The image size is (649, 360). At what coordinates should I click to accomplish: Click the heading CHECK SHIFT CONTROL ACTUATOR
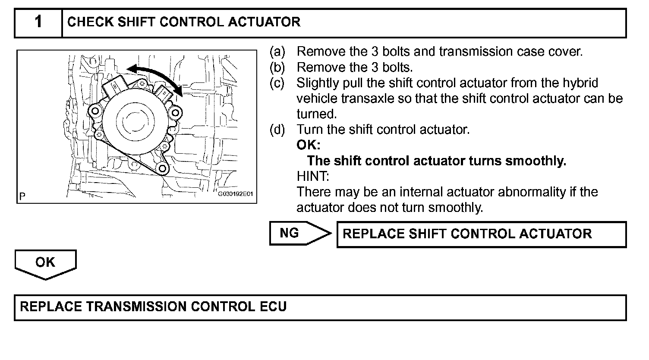coord(184,22)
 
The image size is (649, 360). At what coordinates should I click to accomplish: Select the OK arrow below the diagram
coord(45,263)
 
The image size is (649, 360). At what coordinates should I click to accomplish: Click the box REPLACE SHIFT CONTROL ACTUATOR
coord(481,234)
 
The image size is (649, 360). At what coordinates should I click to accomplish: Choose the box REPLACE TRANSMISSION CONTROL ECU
coord(320,307)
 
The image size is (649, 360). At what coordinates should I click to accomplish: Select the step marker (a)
coord(277,52)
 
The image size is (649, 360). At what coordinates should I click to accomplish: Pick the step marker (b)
coord(277,67)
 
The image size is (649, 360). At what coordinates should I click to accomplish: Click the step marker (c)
coord(277,83)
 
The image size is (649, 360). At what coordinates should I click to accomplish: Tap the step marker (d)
coord(277,129)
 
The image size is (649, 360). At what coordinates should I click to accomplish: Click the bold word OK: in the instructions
coord(309,145)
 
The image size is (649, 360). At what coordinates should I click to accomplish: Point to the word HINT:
coord(313,176)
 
